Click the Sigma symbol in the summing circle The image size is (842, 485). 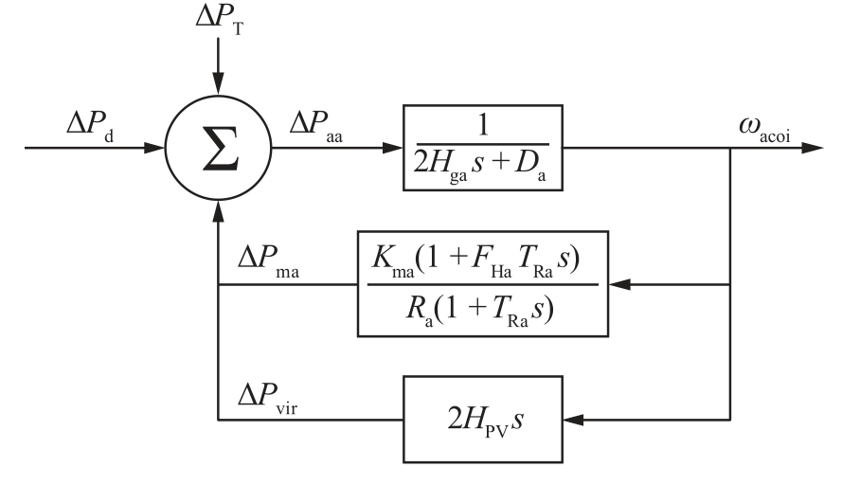point(219,149)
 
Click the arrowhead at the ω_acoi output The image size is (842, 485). point(813,149)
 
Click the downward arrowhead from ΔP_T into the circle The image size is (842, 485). point(218,95)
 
